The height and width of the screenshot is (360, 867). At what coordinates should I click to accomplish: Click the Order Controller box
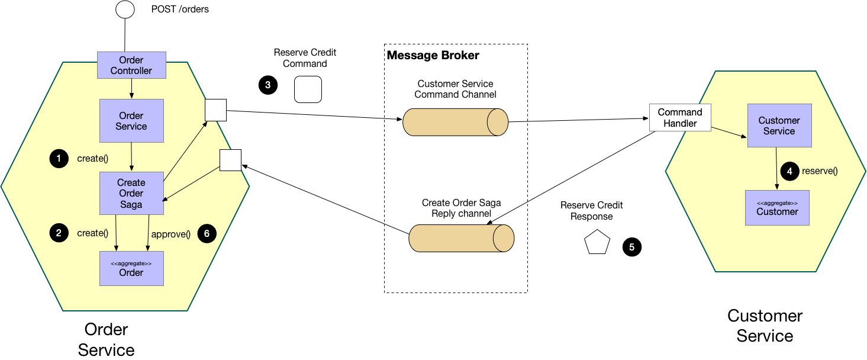coord(131,65)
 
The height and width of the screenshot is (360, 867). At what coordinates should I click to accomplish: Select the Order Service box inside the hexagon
coord(131,121)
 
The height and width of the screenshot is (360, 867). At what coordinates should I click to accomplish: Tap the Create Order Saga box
coord(131,193)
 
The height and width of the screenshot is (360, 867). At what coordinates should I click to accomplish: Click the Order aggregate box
coord(131,268)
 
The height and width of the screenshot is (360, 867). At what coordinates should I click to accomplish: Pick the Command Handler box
coord(680,118)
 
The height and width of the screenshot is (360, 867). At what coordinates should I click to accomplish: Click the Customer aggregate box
coord(777,208)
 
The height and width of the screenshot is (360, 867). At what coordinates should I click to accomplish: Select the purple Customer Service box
coord(779,126)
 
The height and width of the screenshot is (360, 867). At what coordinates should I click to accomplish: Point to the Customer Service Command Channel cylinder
coord(455,122)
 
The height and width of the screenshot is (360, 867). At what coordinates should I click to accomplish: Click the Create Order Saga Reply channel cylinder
coord(461,239)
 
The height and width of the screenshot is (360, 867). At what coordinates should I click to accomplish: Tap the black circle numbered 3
coord(268,85)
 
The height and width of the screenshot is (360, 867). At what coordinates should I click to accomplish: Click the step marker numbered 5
coord(631,247)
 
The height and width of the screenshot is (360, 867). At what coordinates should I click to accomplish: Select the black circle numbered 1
coord(59,159)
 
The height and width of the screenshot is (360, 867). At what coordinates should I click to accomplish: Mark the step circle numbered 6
coord(207,233)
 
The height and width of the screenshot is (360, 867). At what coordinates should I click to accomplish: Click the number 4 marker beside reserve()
coord(789,171)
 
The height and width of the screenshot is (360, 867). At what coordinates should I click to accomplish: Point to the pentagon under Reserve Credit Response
coord(597,243)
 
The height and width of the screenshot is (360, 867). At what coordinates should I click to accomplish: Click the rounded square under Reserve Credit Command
coord(308,89)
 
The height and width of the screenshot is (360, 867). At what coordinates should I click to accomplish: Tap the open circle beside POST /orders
coord(125,9)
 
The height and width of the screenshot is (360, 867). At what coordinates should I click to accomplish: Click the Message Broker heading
coord(433,56)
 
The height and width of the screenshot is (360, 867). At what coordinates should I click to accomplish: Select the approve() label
coord(170,234)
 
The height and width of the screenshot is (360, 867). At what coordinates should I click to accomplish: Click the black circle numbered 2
coord(59,233)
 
